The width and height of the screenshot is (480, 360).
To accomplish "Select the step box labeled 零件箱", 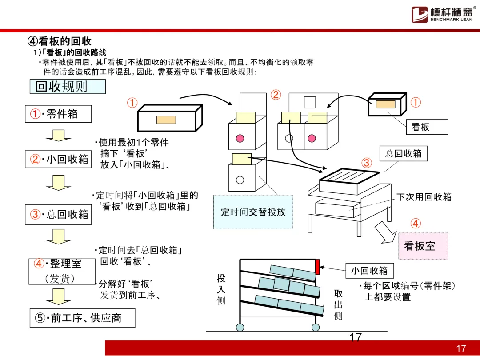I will pos(58,114).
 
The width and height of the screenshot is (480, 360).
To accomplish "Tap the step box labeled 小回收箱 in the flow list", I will pos(58,159).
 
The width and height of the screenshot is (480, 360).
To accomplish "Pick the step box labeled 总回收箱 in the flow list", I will pos(58,214).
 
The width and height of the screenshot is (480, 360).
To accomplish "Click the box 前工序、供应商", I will pos(82,318).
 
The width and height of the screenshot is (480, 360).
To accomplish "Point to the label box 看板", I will pos(427,127).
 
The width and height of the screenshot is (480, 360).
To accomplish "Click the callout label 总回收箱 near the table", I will pos(403,154).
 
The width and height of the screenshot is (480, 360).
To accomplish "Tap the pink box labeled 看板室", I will pos(423,246).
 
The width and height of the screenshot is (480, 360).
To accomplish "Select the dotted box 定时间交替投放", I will pos(253,212).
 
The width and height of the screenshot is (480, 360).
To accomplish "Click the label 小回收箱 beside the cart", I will pos(369,270).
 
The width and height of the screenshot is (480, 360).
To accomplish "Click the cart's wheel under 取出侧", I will pos(316,328).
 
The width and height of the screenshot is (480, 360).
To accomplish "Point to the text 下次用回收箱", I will pos(424,197).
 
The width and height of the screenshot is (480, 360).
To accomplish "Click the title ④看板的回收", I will pos(60,41).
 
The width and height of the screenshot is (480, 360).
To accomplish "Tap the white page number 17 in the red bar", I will pos(461,348).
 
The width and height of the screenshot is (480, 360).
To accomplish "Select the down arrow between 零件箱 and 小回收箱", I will pos(58,135).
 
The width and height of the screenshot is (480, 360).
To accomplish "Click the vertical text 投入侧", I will pos(221,290).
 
